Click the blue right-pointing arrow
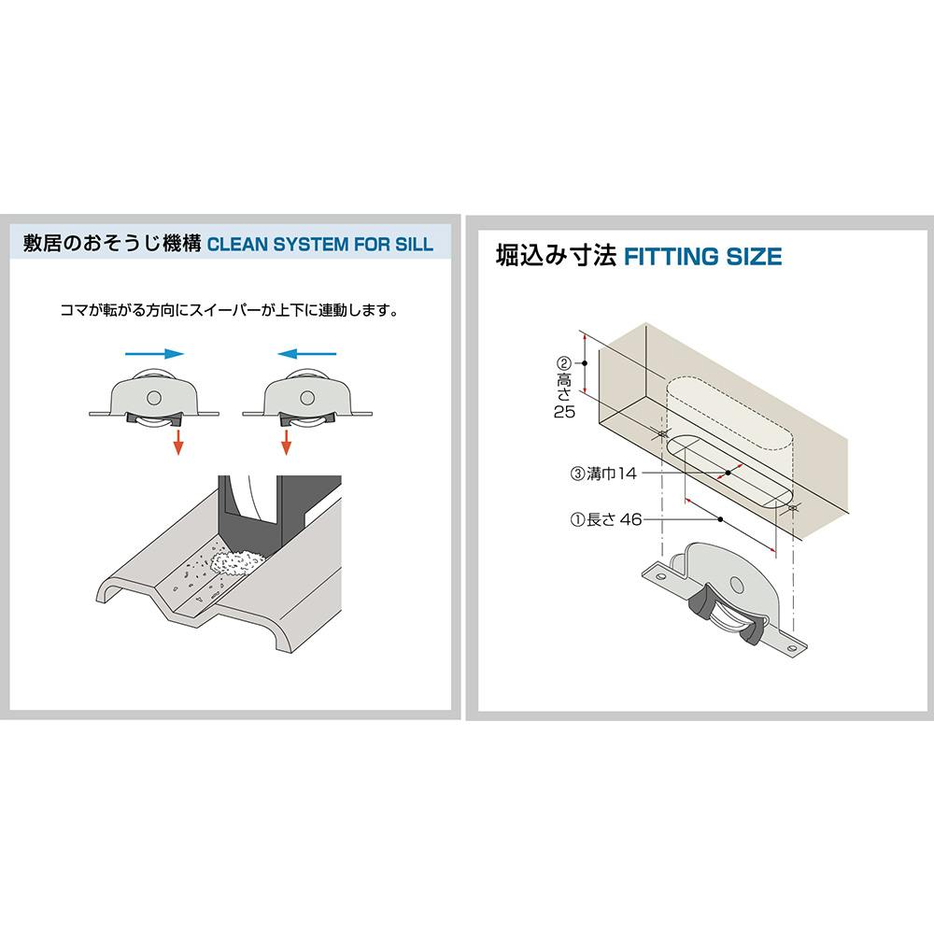point(153,354)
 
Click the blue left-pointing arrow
point(307,354)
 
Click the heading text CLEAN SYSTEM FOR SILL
point(319,245)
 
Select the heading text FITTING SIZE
point(701,256)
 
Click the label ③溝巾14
point(602,474)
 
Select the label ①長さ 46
point(606,519)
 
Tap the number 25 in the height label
point(564,412)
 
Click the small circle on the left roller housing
point(151,398)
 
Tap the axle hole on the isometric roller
point(738,586)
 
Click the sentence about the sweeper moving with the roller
point(229,309)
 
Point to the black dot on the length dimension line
point(721,518)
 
